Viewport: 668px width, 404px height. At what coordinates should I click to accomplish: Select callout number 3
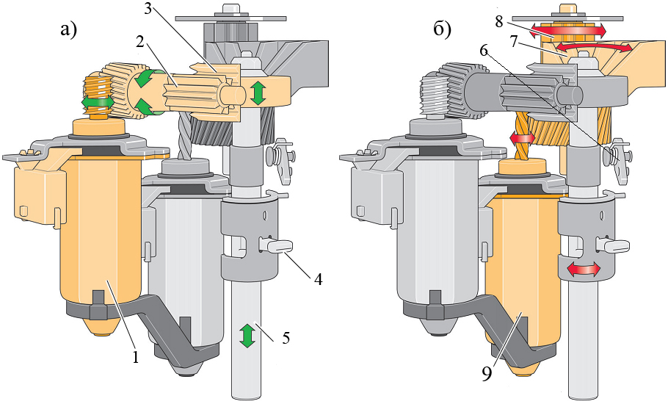(x=149, y=9)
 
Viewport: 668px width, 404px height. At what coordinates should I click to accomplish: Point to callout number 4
(x=318, y=280)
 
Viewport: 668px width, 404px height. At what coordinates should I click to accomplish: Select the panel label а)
(x=68, y=30)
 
